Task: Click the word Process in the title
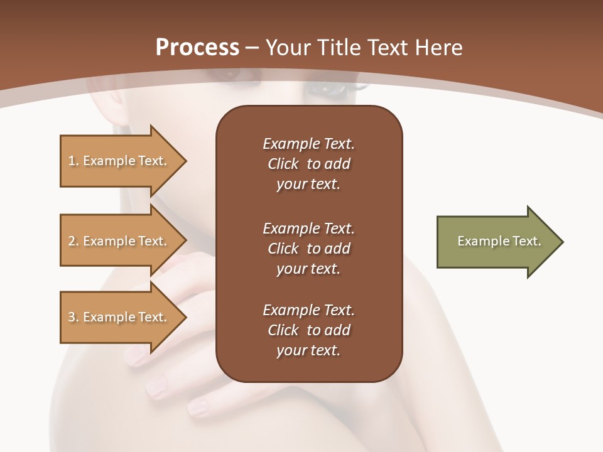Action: pyautogui.click(x=197, y=47)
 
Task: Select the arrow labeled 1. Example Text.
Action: pyautogui.click(x=119, y=161)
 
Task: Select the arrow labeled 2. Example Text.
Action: pyautogui.click(x=119, y=241)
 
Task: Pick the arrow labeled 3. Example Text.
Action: pyautogui.click(x=119, y=317)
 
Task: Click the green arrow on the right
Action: pyautogui.click(x=496, y=241)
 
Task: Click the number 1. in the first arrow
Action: pyautogui.click(x=73, y=161)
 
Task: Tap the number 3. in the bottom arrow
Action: pyautogui.click(x=73, y=317)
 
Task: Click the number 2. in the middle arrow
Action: pyautogui.click(x=73, y=241)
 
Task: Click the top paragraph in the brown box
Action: pyautogui.click(x=308, y=164)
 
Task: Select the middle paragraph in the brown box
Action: pyautogui.click(x=308, y=248)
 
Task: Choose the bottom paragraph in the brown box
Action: pyautogui.click(x=308, y=330)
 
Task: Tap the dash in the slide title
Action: pyautogui.click(x=253, y=47)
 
